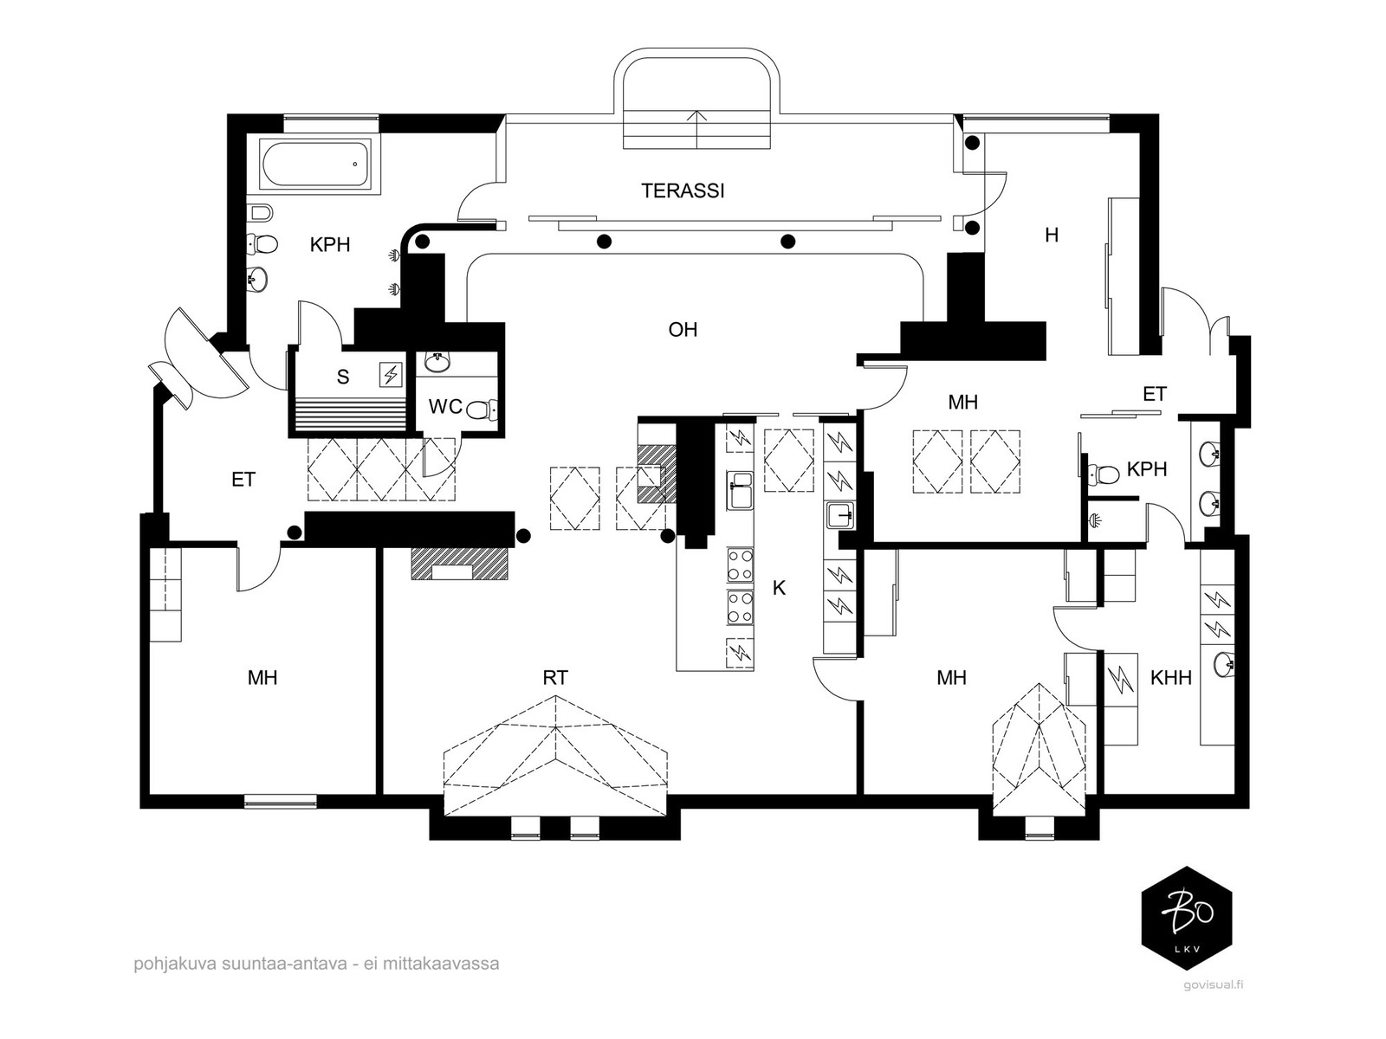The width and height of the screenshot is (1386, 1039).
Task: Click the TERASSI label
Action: point(683,190)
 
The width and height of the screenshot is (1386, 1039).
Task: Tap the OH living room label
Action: point(683,329)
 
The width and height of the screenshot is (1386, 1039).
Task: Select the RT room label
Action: point(555,678)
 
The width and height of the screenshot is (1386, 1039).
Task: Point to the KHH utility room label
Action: point(1170,678)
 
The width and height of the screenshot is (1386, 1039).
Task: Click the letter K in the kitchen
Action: point(779,588)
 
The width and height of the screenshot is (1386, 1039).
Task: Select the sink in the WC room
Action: point(437,362)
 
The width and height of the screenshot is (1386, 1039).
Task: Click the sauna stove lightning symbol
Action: point(390,375)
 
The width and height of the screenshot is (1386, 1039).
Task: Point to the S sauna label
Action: point(343,377)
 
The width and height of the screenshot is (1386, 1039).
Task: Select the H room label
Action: point(1052,236)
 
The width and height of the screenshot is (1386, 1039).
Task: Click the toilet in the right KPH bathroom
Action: point(1101,472)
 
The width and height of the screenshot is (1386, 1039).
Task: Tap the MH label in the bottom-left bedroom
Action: point(262,678)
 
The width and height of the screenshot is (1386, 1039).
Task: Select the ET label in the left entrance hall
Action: point(243,480)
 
